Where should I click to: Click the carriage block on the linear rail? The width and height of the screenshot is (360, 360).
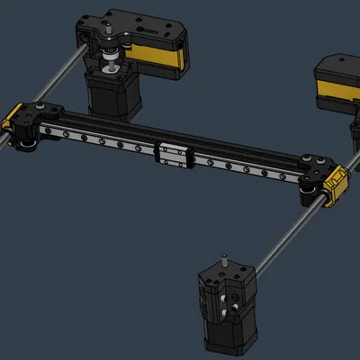[176, 155]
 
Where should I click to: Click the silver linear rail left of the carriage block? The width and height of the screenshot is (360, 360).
[99, 140]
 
